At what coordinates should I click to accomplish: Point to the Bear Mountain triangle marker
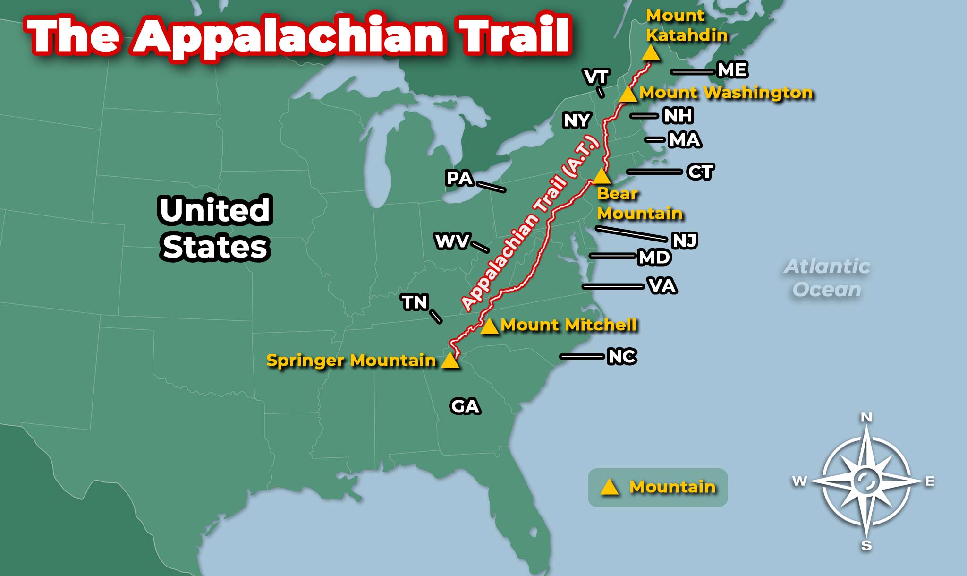[x=601, y=177]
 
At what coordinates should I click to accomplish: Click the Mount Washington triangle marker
[x=628, y=95]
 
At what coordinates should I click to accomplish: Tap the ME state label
[x=732, y=70]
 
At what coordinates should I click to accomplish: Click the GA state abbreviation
[x=465, y=406]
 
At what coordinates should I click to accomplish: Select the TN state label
[x=415, y=302]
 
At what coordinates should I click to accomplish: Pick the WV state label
[x=452, y=241]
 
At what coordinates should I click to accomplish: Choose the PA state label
[x=459, y=179]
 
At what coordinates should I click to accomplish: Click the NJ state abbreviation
[x=685, y=241]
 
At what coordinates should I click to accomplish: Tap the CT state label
[x=701, y=172]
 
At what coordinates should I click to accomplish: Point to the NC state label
[x=622, y=357]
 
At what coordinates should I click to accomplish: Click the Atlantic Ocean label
[x=827, y=278]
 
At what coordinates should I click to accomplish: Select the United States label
[x=215, y=229]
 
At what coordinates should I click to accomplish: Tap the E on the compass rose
[x=930, y=481]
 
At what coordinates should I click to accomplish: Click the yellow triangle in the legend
[x=609, y=487]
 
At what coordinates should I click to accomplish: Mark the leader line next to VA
[x=613, y=286]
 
